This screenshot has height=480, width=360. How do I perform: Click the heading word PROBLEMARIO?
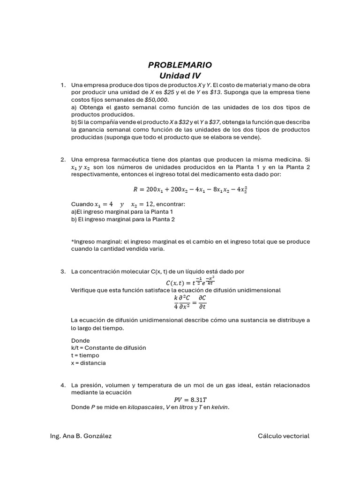tap(180, 65)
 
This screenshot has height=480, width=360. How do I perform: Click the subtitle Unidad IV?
tap(180, 75)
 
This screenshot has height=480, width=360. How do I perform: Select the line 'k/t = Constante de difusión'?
tap(108, 348)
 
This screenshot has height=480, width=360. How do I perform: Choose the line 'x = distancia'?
tap(88, 363)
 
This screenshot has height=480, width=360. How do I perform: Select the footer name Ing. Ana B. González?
tap(81, 436)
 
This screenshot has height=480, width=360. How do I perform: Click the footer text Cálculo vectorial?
tap(284, 436)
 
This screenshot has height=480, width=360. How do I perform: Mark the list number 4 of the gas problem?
tap(62, 385)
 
